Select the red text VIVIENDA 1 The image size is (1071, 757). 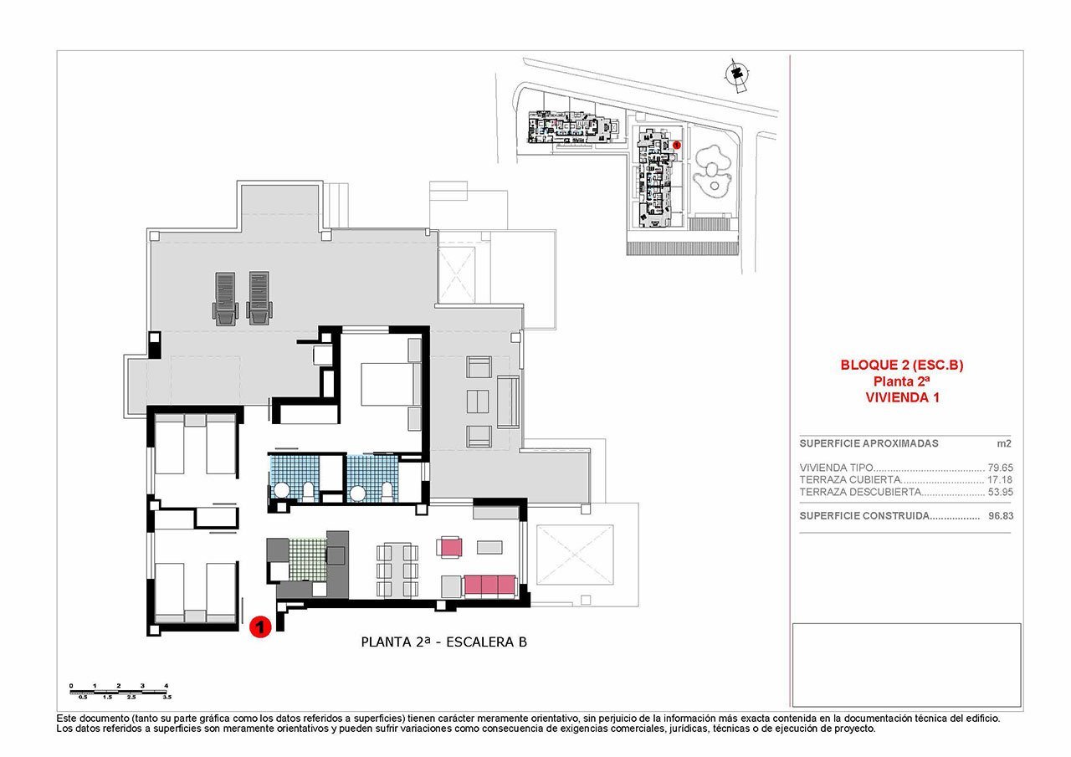coord(902,398)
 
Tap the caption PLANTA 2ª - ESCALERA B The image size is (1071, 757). coord(443,642)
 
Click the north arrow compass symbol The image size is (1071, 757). coord(736,74)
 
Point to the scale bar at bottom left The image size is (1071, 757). coord(120,690)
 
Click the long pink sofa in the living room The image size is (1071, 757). coord(489,585)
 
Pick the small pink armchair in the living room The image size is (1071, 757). coord(449,547)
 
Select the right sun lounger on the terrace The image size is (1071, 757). coord(259,296)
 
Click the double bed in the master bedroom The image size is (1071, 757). coord(385,385)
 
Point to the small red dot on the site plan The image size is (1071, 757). coord(677,145)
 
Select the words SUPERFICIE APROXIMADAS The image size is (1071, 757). coord(857,443)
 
